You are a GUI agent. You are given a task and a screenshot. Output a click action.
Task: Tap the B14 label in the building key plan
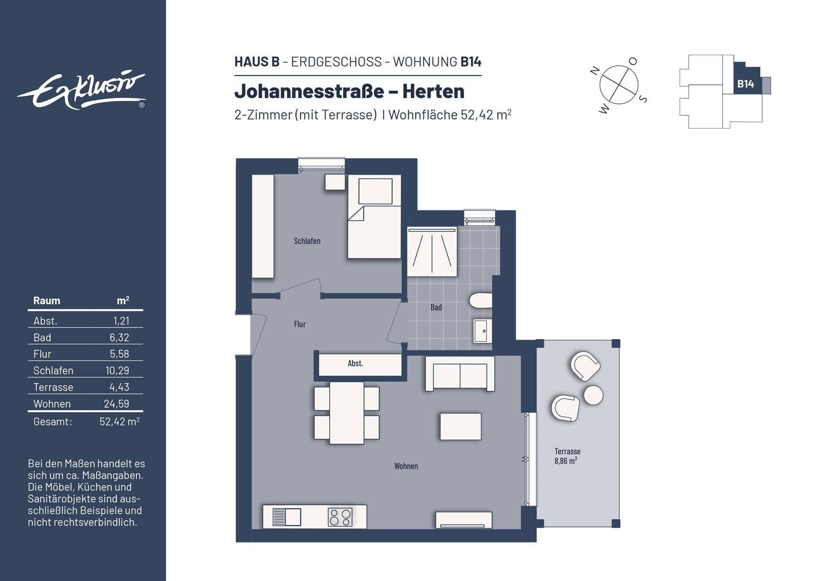click(745, 84)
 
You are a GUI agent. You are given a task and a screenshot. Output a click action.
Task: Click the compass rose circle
click(619, 85)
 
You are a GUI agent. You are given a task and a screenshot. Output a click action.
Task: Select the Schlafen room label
click(307, 241)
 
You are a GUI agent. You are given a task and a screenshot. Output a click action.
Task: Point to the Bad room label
click(436, 307)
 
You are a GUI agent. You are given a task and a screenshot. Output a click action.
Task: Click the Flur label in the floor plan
click(300, 324)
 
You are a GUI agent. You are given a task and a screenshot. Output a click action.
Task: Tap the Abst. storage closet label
click(355, 363)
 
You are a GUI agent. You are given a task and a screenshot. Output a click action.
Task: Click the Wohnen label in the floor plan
click(406, 466)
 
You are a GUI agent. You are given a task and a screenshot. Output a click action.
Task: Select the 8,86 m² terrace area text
click(565, 461)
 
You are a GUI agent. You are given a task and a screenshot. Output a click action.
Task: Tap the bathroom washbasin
click(482, 331)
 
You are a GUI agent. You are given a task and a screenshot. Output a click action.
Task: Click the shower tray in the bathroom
click(432, 252)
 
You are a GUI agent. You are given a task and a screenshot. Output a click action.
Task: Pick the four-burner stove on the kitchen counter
click(340, 517)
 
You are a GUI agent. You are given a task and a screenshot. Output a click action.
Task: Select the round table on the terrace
click(593, 395)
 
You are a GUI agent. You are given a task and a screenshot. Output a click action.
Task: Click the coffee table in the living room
click(461, 426)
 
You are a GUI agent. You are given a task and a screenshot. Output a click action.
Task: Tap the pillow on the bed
click(375, 191)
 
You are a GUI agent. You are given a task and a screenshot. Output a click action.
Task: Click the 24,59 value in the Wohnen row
click(116, 404)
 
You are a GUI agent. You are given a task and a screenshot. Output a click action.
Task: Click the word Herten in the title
click(433, 91)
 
